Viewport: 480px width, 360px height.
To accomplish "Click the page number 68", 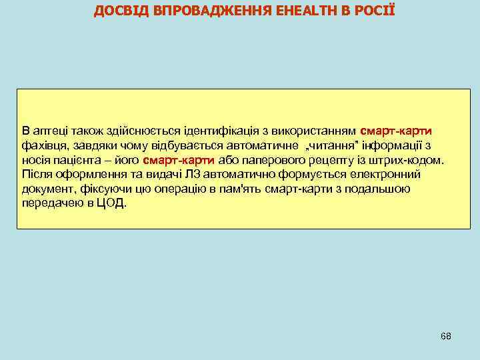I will point(446,335).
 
